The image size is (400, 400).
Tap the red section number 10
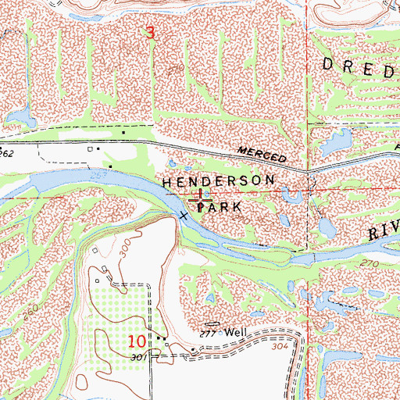137,341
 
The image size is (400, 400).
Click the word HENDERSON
219,180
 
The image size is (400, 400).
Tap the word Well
236,332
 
